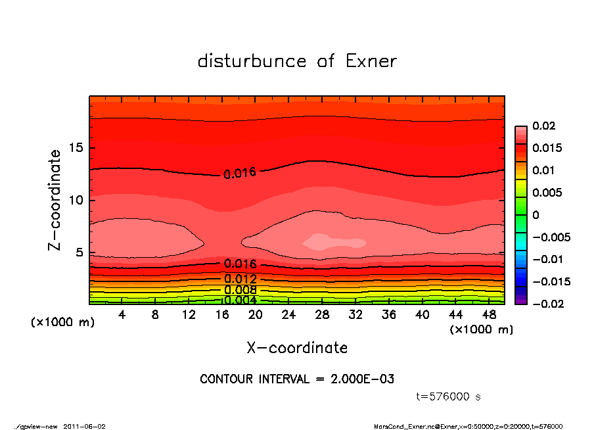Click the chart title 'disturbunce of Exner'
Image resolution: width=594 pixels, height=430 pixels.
pyautogui.click(x=297, y=61)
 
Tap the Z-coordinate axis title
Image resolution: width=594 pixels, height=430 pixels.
pyautogui.click(x=55, y=199)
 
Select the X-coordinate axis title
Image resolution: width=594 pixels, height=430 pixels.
pyautogui.click(x=297, y=348)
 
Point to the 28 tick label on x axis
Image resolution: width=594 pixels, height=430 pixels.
pyautogui.click(x=322, y=315)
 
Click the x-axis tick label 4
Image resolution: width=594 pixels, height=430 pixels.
pyautogui.click(x=122, y=315)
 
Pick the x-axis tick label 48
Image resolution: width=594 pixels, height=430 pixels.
pyautogui.click(x=488, y=315)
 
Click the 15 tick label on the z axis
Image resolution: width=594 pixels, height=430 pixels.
pyautogui.click(x=76, y=147)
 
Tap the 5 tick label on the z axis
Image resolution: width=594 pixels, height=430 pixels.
pyautogui.click(x=80, y=252)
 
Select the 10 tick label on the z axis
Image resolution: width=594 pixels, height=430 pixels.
pyautogui.click(x=76, y=200)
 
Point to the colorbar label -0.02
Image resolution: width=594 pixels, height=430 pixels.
pyautogui.click(x=547, y=304)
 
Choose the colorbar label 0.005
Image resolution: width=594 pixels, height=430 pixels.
pyautogui.click(x=547, y=193)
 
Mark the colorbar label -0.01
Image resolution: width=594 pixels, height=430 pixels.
pyautogui.click(x=547, y=259)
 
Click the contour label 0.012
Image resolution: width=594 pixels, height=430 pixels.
pyautogui.click(x=240, y=279)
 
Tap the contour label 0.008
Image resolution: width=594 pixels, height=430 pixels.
pyautogui.click(x=240, y=290)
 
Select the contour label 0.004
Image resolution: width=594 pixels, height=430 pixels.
pyautogui.click(x=240, y=300)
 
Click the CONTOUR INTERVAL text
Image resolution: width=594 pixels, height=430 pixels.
pyautogui.click(x=297, y=379)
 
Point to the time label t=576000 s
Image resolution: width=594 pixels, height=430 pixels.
pyautogui.click(x=449, y=396)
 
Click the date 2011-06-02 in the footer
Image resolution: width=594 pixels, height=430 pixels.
pyautogui.click(x=85, y=426)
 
